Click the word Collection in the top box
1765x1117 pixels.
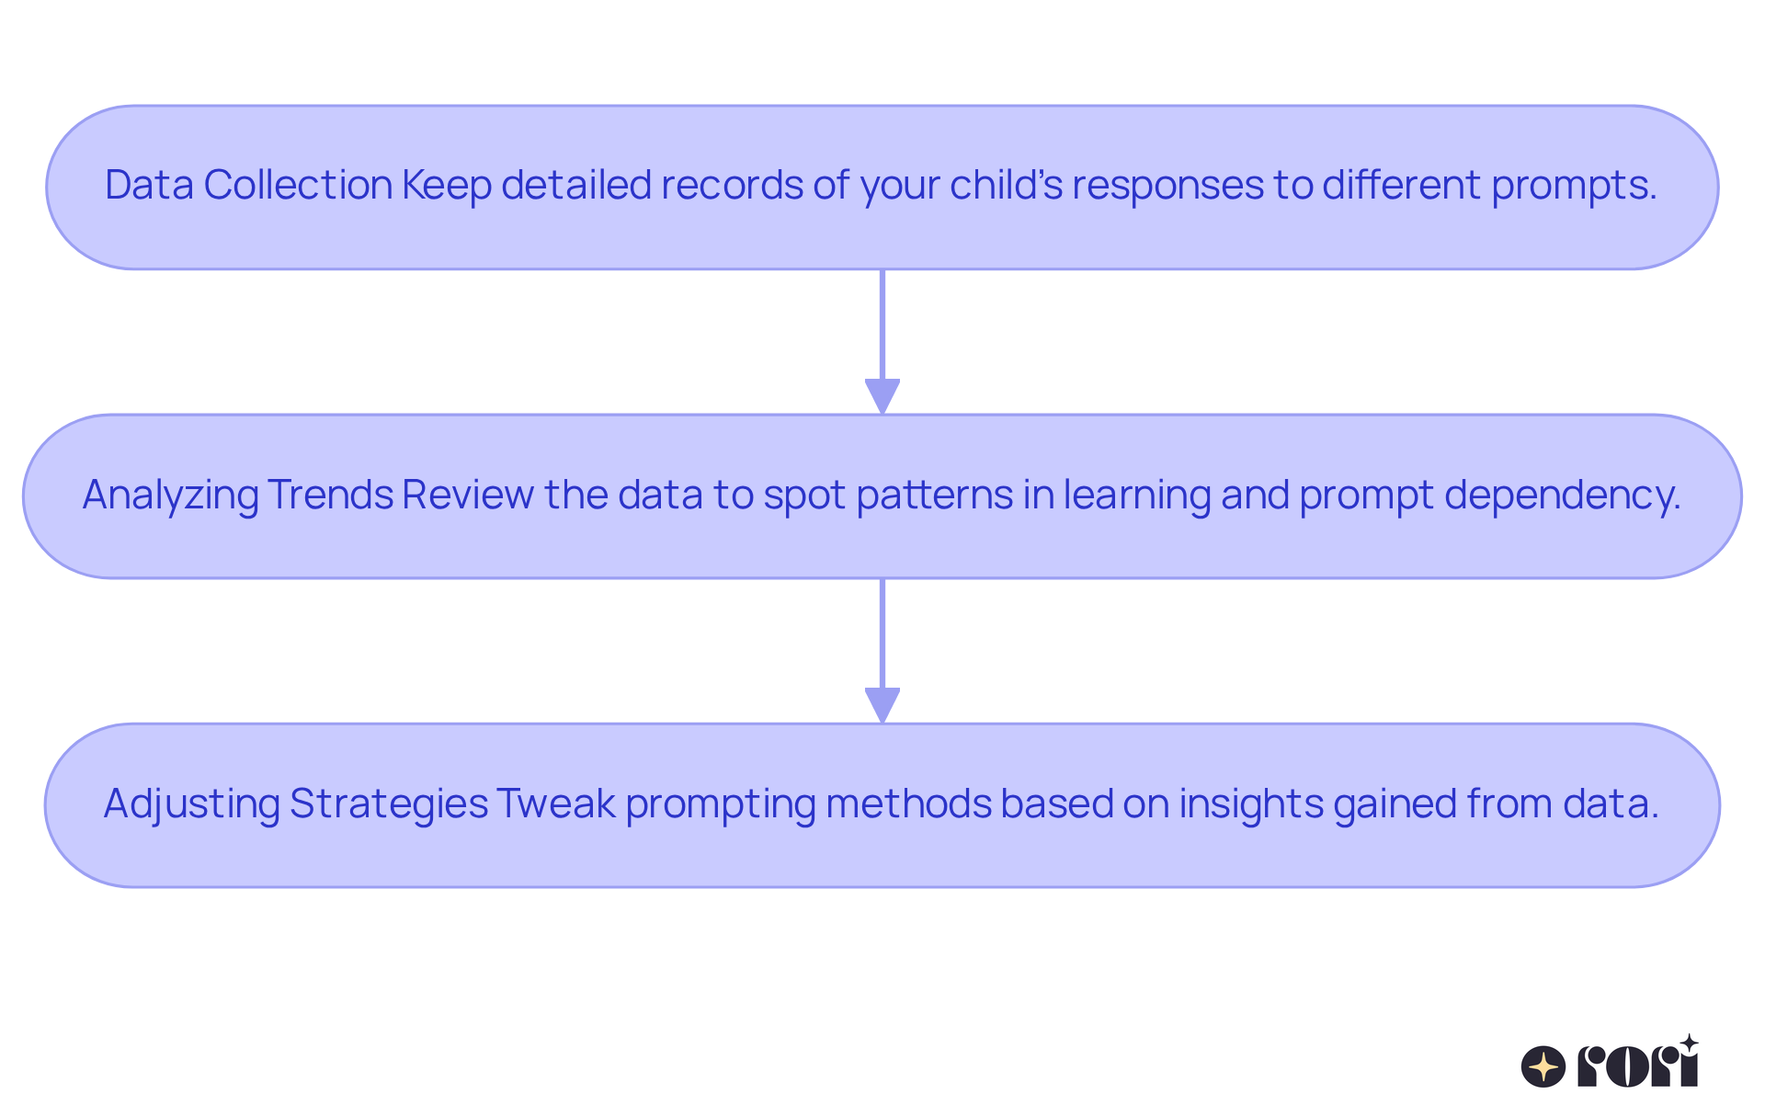(298, 185)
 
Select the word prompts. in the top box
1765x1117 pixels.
(1574, 185)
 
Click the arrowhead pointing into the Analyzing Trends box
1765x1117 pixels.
(882, 396)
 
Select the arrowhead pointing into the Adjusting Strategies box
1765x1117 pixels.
(882, 705)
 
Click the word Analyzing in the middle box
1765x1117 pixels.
(170, 495)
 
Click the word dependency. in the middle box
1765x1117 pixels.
(1562, 495)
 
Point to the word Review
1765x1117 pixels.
(468, 495)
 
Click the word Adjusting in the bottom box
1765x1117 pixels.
(191, 804)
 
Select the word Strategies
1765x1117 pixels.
(388, 804)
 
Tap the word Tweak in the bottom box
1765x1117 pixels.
(556, 804)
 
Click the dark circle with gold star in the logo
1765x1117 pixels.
(1543, 1067)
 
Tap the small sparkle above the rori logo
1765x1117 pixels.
(1689, 1043)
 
